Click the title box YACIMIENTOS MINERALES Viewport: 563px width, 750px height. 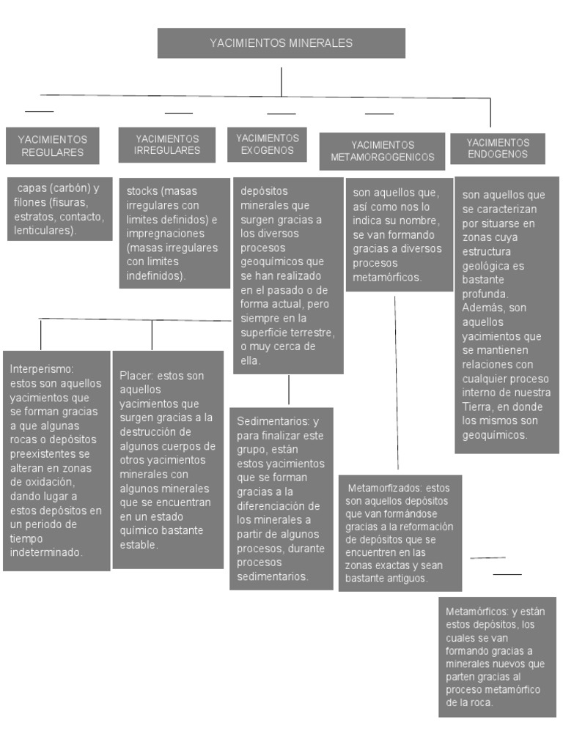[x=281, y=43]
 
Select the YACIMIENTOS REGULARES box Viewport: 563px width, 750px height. [x=52, y=146]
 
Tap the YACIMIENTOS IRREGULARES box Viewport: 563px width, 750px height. [x=167, y=144]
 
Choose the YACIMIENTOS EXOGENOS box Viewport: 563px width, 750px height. [x=268, y=144]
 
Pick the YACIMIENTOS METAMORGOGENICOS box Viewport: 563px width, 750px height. [x=382, y=152]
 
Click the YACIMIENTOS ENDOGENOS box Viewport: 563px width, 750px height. [x=497, y=149]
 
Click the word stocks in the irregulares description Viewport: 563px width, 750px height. [x=141, y=191]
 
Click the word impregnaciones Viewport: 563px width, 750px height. [x=161, y=234]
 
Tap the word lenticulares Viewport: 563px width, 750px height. [x=44, y=230]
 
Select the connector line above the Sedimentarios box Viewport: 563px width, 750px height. [x=289, y=390]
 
